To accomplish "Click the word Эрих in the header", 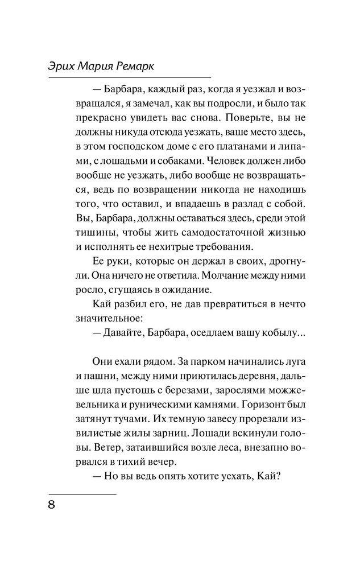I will coord(63,67).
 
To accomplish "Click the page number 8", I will coord(52,506).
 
